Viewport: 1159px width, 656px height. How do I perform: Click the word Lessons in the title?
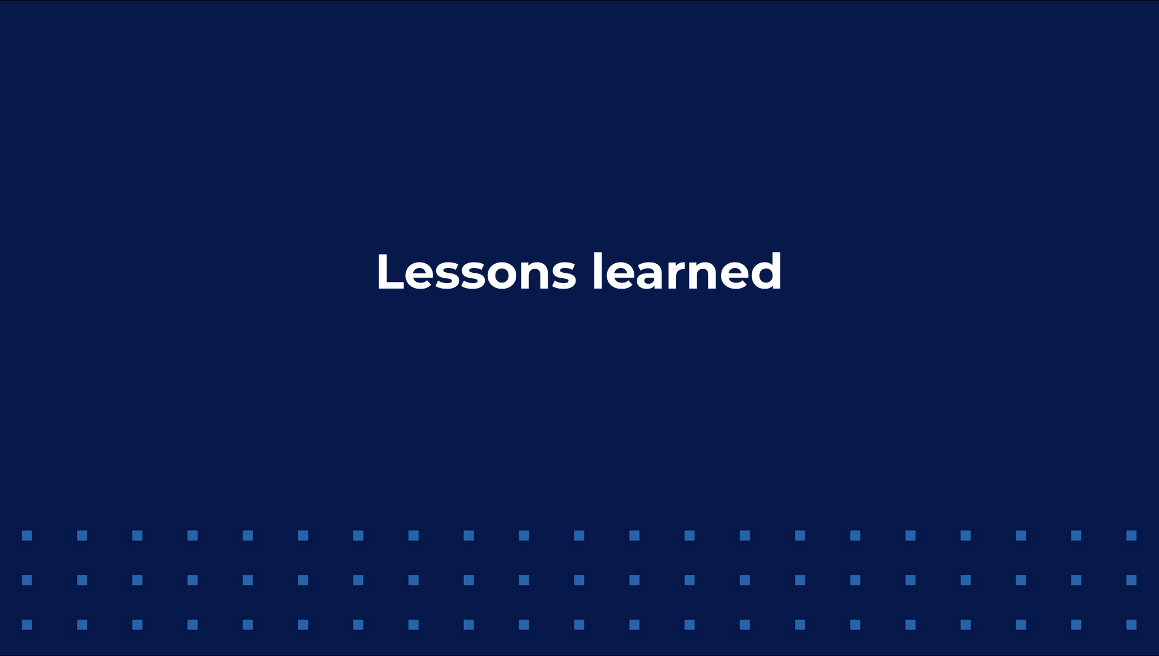tap(476, 272)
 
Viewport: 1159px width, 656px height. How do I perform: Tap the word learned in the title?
tap(686, 272)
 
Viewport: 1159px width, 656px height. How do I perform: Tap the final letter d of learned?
tap(765, 272)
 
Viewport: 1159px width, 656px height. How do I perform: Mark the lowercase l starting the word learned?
tap(597, 271)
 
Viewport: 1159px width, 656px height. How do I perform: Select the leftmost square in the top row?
tap(27, 535)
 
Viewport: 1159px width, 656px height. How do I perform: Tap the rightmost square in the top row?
tap(1131, 535)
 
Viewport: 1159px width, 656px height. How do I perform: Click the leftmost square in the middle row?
tap(27, 580)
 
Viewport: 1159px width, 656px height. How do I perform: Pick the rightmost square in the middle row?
tap(1131, 580)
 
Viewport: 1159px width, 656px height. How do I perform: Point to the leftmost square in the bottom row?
tap(27, 624)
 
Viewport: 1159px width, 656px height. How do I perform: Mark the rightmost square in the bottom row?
tap(1131, 624)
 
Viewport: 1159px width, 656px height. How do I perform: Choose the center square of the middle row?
tap(579, 580)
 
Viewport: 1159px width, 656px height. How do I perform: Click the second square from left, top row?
tap(82, 535)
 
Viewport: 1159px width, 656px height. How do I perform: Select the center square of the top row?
tap(579, 535)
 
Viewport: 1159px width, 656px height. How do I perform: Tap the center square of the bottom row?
tap(579, 624)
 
